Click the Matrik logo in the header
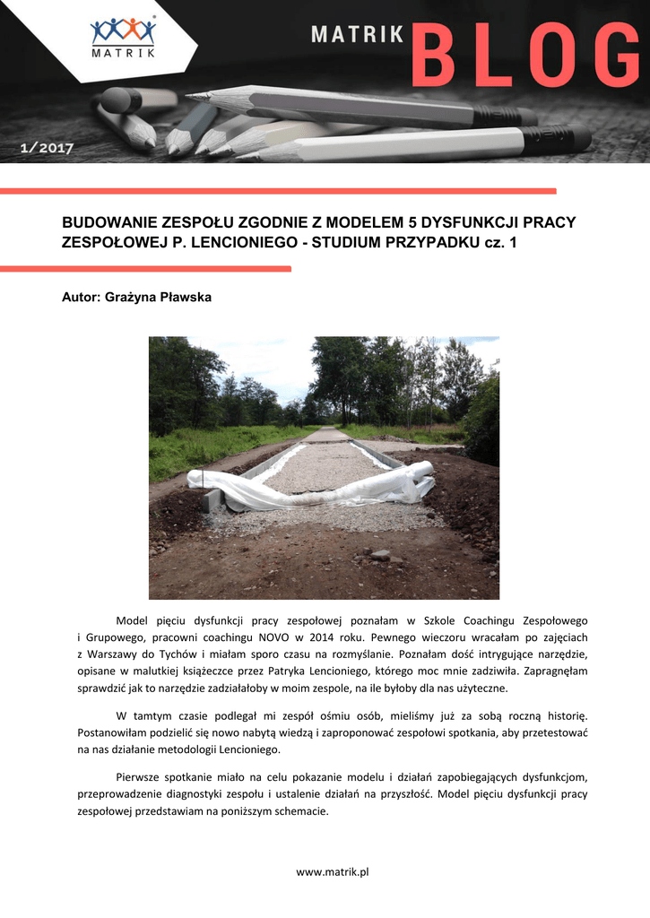(123, 38)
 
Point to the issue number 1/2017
(47, 148)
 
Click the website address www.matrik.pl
(333, 871)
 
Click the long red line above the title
(278, 191)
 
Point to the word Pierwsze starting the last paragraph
(141, 777)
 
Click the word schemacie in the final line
(304, 811)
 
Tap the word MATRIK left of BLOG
(356, 35)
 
